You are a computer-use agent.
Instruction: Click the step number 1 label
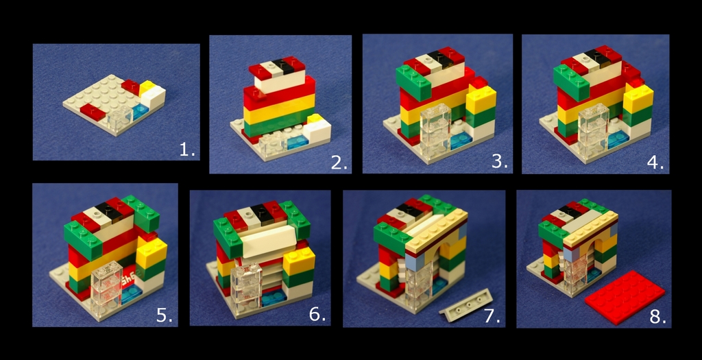click(186, 150)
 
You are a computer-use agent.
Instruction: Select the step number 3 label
click(499, 162)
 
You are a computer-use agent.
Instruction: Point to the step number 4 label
click(655, 162)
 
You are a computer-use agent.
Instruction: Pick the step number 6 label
click(317, 314)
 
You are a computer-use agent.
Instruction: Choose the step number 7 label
click(492, 315)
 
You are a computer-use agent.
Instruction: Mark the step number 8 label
click(657, 316)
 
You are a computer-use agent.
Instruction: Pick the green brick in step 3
click(413, 82)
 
